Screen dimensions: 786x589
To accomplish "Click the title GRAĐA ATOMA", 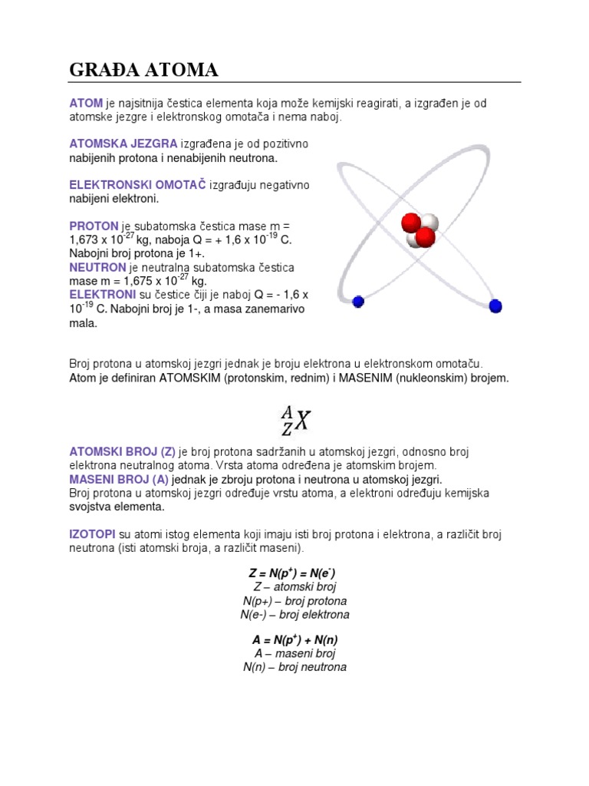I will [x=143, y=71].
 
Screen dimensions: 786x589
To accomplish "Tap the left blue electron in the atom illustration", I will [x=358, y=302].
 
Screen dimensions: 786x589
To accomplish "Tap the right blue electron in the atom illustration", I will [x=495, y=306].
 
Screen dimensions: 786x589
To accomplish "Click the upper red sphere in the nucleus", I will [x=411, y=223].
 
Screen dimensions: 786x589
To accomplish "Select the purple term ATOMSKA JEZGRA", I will [x=123, y=144].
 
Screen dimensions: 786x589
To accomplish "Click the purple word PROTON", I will [x=94, y=226].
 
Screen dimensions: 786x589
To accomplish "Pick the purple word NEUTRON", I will [x=97, y=267].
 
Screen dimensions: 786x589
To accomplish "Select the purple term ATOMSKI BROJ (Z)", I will [x=123, y=451].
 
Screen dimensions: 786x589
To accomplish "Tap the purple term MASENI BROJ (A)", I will [x=119, y=479].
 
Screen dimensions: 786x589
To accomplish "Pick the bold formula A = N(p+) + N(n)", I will [x=294, y=639].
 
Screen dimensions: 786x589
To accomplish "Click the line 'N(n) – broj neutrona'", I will [x=294, y=667].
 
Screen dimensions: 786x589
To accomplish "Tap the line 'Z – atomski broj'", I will [x=294, y=587].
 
